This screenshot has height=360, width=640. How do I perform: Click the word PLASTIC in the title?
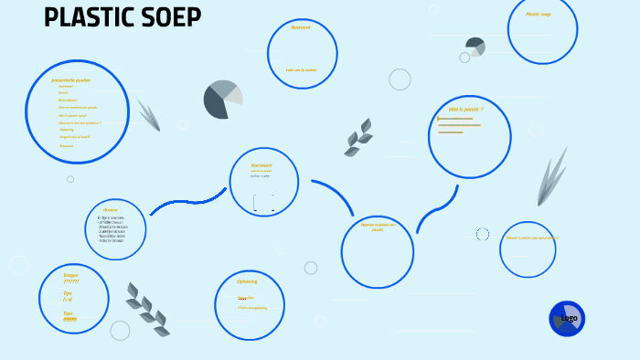(x=88, y=18)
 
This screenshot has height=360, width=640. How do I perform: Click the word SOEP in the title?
(x=171, y=18)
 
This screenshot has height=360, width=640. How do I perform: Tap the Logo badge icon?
(x=567, y=319)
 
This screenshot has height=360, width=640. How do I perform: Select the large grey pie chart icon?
(x=222, y=100)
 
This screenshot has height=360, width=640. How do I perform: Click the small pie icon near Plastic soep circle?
(x=475, y=47)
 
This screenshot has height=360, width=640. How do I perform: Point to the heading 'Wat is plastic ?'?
(x=465, y=109)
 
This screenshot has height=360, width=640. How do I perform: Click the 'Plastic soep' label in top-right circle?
(x=539, y=15)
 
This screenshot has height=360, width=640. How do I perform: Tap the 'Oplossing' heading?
(x=247, y=281)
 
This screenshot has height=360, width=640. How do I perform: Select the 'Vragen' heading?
(x=70, y=274)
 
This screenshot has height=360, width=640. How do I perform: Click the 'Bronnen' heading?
(x=111, y=210)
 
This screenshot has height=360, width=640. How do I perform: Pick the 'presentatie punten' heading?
(x=71, y=80)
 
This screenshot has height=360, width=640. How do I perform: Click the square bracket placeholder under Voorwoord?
(x=263, y=202)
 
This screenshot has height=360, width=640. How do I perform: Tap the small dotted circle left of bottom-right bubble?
(x=483, y=235)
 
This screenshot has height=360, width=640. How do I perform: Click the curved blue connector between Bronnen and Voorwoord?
(x=187, y=201)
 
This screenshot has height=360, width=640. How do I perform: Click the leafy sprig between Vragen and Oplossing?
(x=147, y=310)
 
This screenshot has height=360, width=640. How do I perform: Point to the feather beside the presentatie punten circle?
(x=149, y=115)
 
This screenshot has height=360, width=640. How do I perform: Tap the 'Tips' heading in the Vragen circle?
(x=68, y=293)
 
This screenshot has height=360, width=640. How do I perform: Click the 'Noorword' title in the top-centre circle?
(x=301, y=27)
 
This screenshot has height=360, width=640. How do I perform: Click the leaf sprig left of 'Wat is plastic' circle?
(x=358, y=139)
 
